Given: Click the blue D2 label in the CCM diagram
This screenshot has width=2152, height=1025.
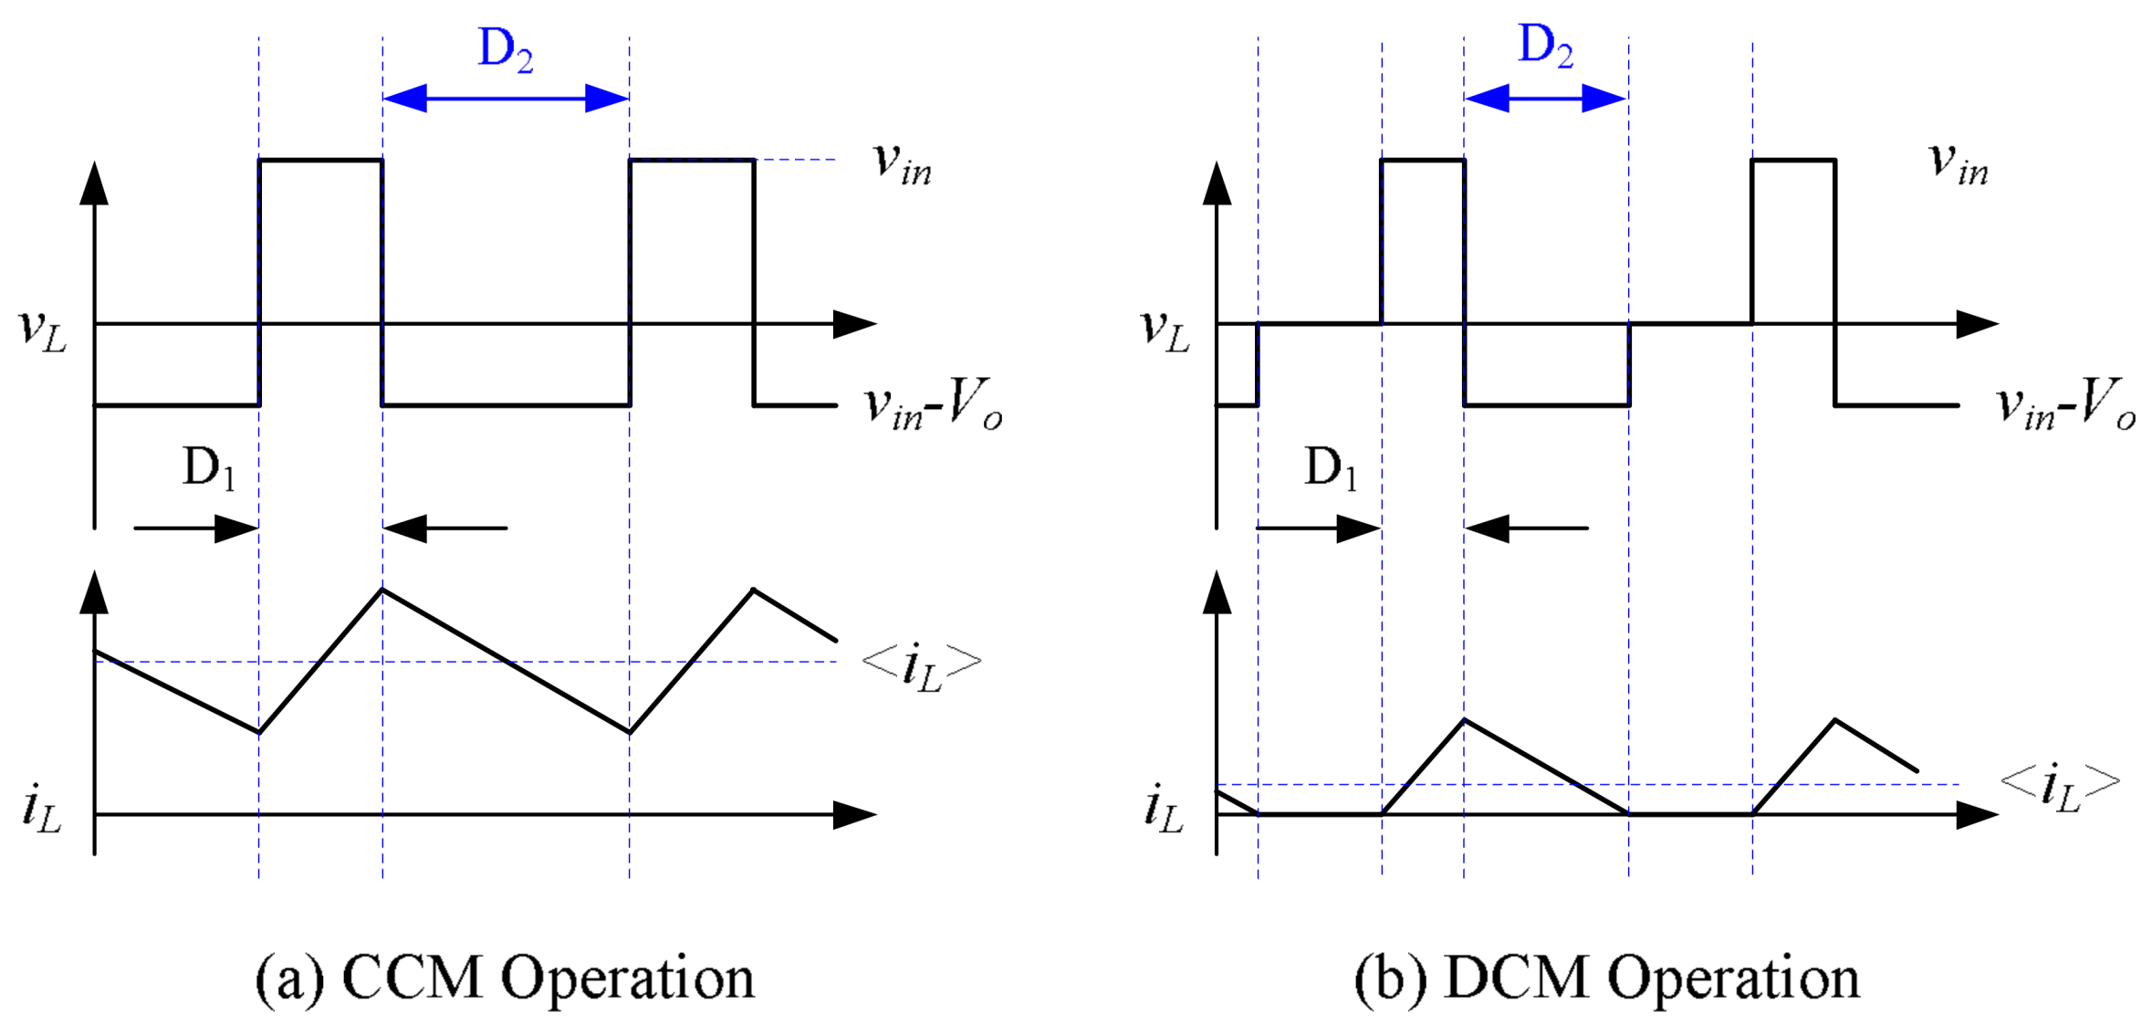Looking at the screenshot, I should tap(505, 50).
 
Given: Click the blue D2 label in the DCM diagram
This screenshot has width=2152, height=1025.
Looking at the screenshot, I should tap(1544, 47).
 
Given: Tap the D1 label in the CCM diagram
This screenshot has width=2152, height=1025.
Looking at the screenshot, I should tap(209, 468).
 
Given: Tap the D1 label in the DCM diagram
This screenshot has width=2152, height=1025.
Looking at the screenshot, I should tap(1331, 468).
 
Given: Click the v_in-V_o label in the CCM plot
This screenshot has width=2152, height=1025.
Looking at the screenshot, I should tap(933, 405).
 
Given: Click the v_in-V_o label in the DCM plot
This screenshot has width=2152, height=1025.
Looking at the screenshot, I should tap(2066, 405).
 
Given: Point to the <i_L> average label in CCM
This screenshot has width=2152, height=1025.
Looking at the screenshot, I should tap(922, 665).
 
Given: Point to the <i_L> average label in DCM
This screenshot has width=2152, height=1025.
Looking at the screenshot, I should tap(2060, 786).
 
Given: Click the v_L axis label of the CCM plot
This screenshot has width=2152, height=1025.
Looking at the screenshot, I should tap(42, 329).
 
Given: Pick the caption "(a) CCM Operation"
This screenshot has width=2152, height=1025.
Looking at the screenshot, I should tap(505, 978).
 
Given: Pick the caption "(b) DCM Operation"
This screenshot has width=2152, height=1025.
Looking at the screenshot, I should tap(1606, 978).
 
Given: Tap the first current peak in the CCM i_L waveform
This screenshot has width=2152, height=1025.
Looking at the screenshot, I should tap(382, 591).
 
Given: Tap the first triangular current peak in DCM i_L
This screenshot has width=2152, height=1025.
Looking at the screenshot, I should tap(1464, 720).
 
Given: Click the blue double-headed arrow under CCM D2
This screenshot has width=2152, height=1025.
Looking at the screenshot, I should tap(506, 98).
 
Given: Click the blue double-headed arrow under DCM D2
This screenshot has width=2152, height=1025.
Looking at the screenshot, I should tap(1545, 98).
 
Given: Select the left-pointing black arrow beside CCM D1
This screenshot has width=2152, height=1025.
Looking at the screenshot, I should tap(444, 528).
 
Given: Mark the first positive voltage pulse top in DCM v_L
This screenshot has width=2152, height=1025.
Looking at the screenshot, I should tap(1423, 161).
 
